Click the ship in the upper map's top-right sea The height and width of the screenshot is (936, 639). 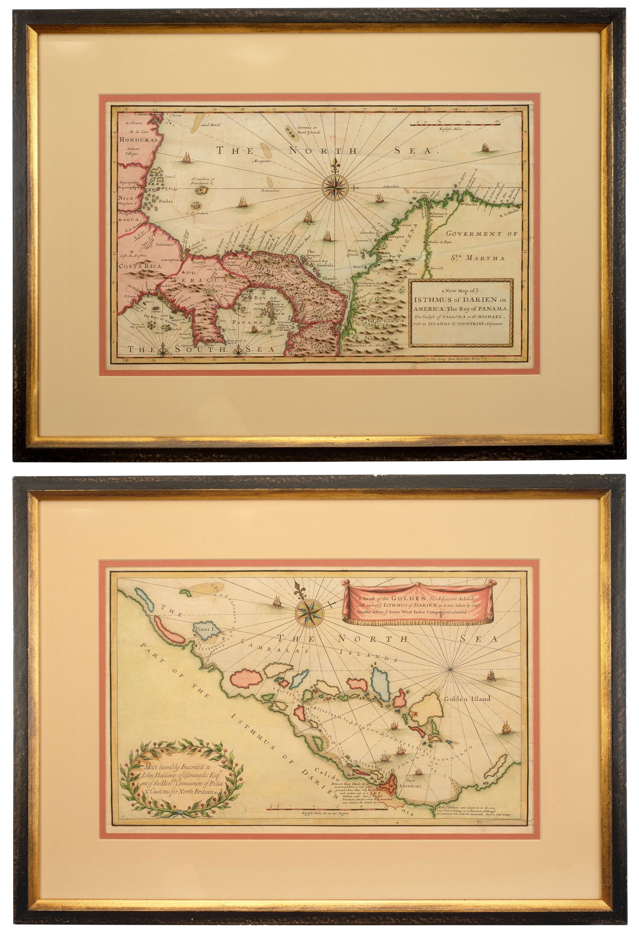[x=484, y=147]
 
